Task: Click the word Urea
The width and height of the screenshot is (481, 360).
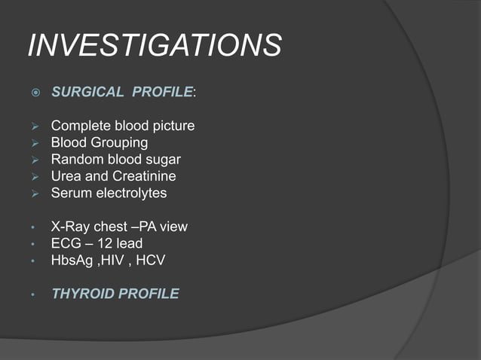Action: [x=66, y=176]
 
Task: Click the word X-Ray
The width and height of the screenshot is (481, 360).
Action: [x=69, y=227]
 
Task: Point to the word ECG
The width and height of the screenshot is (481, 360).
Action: [x=66, y=243]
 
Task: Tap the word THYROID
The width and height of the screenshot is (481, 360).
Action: [x=82, y=294]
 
